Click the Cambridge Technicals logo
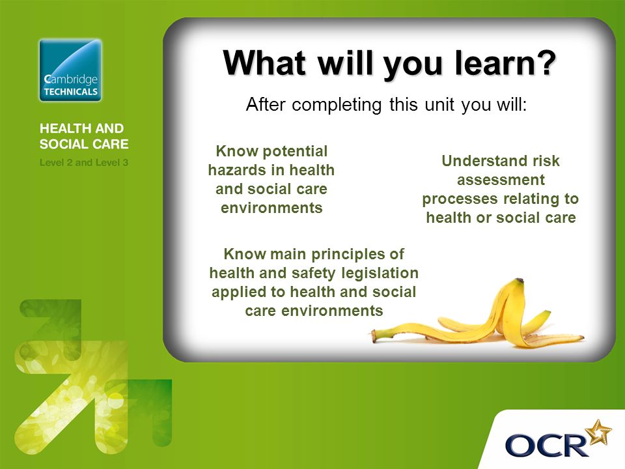tap(70, 70)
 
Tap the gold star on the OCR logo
tap(599, 432)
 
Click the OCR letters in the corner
tap(546, 446)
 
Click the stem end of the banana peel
tap(374, 336)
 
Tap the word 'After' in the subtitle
tap(266, 104)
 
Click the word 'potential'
tap(294, 152)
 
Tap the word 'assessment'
tap(501, 180)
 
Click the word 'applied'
tap(239, 292)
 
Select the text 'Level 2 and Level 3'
tap(84, 163)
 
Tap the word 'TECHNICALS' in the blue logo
tap(70, 92)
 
